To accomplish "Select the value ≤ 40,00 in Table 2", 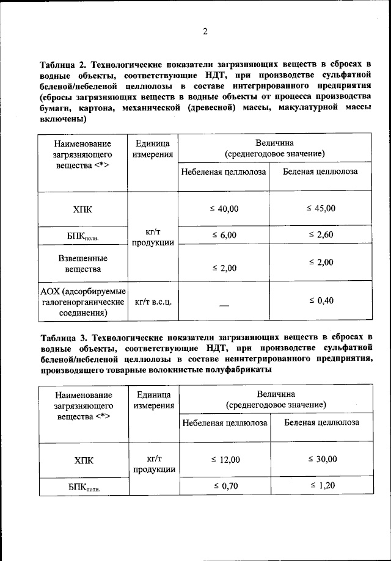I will coord(224,209).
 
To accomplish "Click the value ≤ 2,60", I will coord(321,235).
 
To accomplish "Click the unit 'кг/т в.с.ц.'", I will coord(153,302).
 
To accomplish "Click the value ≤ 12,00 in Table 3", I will coord(225,460).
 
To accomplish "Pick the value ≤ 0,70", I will coord(225,486).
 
